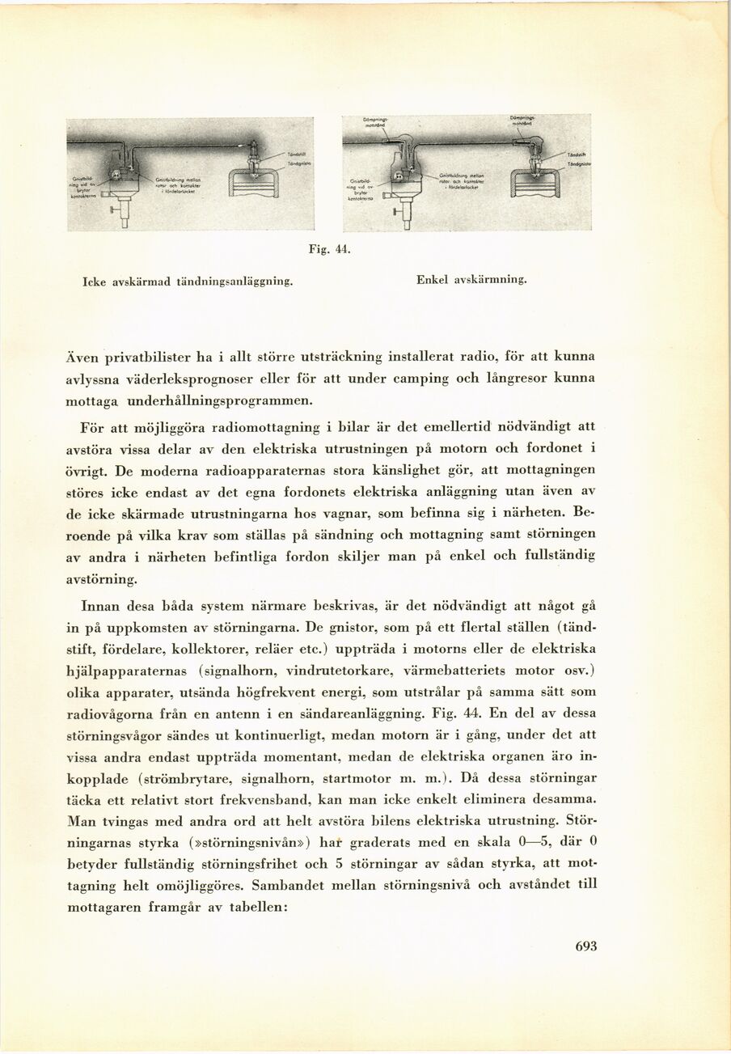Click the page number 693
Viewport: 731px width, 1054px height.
coord(586,947)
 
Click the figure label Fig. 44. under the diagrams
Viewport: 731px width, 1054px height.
coord(329,250)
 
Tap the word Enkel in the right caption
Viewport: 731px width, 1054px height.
coord(433,280)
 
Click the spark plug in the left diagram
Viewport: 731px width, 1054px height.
coord(254,155)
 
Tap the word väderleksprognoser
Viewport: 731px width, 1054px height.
coord(200,378)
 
